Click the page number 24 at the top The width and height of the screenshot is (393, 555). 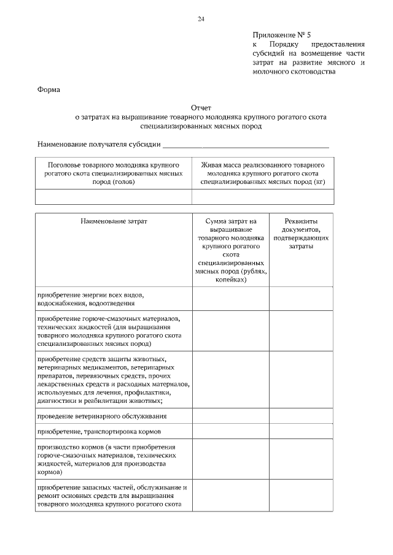pyautogui.click(x=201, y=19)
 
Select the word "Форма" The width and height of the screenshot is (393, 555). pyautogui.click(x=49, y=90)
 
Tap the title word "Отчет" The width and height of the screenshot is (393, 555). pyautogui.click(x=201, y=107)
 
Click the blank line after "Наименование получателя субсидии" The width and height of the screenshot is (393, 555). pyautogui.click(x=246, y=145)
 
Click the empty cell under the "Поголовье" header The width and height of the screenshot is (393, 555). pyautogui.click(x=114, y=196)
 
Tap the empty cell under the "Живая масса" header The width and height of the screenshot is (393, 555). pyautogui.click(x=263, y=196)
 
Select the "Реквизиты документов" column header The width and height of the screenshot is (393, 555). pyautogui.click(x=301, y=233)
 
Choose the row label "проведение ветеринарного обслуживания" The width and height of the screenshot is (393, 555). pyautogui.click(x=102, y=416)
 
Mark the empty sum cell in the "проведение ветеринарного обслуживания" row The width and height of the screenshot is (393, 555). pyautogui.click(x=231, y=416)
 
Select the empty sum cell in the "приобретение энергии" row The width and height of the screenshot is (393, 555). pyautogui.click(x=231, y=299)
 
